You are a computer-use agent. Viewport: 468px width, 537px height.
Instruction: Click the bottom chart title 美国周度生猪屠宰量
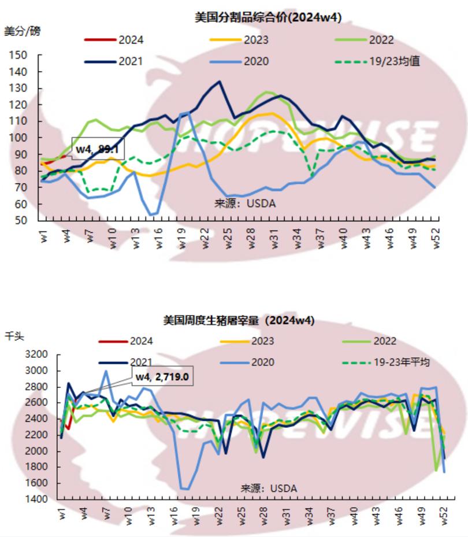(x=239, y=320)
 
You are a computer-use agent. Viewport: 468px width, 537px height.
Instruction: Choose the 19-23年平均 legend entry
(x=399, y=362)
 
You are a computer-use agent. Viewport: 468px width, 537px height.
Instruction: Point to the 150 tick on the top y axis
(x=18, y=55)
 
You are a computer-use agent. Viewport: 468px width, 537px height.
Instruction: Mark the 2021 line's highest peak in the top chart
(x=219, y=82)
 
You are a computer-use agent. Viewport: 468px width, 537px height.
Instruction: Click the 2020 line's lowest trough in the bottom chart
(x=187, y=489)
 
